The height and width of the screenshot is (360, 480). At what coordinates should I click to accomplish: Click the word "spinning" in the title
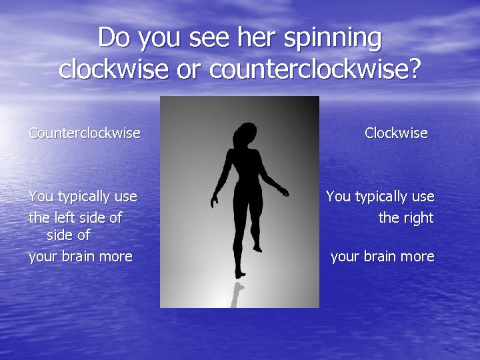click(333, 39)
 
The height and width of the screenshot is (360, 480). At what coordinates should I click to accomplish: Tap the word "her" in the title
click(257, 39)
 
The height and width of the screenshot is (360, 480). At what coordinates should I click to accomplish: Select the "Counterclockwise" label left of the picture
click(85, 133)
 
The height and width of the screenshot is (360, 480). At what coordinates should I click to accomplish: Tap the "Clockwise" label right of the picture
click(396, 133)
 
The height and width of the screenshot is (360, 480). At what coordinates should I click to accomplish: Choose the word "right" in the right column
click(417, 218)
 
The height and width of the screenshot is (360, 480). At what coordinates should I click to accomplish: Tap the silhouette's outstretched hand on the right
click(284, 191)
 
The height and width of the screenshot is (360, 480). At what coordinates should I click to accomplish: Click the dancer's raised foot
click(257, 248)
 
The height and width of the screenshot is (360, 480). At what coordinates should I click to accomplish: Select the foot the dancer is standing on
click(240, 273)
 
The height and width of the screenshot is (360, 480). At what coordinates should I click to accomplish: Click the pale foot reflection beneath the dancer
click(236, 293)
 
